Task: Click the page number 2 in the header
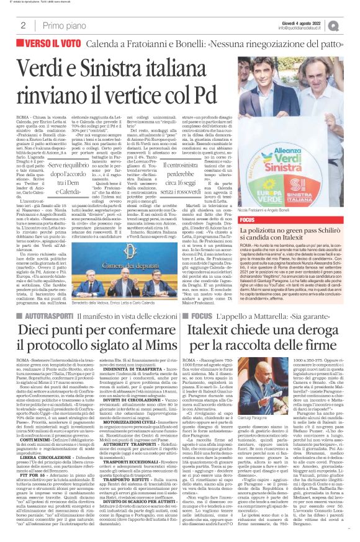(x=22, y=25)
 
